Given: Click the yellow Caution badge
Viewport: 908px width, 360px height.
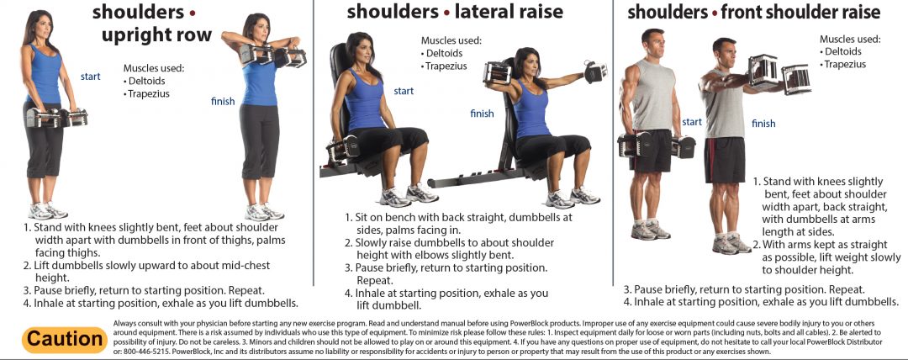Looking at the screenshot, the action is [64, 339].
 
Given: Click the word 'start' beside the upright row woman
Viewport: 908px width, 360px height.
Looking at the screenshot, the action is [90, 77].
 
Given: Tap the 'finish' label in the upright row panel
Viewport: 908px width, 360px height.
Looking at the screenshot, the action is [223, 102].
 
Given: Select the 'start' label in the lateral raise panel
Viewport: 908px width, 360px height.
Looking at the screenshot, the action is [404, 91].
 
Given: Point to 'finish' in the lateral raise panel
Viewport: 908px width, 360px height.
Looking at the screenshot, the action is [482, 114].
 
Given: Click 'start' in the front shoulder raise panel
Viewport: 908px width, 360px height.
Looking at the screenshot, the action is [691, 122].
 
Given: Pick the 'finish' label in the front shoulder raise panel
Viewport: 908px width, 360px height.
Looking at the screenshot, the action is [763, 124].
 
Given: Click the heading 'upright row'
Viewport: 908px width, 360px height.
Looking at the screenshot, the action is [156, 35].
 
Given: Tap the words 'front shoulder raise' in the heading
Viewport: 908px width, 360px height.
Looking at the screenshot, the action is [801, 12].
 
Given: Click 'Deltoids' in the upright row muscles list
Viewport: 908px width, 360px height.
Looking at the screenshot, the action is [146, 81].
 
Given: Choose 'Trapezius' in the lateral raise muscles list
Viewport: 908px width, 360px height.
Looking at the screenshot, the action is [445, 66].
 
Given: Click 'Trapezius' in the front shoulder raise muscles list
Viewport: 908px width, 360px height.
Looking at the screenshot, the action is [843, 65].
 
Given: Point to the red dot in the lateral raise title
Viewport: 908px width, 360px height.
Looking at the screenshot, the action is [447, 12].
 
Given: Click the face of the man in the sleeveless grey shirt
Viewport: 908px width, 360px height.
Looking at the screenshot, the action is [652, 42].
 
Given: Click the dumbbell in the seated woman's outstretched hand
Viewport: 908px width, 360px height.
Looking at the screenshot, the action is [595, 71].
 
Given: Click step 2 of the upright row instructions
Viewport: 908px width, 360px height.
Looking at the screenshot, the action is [146, 272].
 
